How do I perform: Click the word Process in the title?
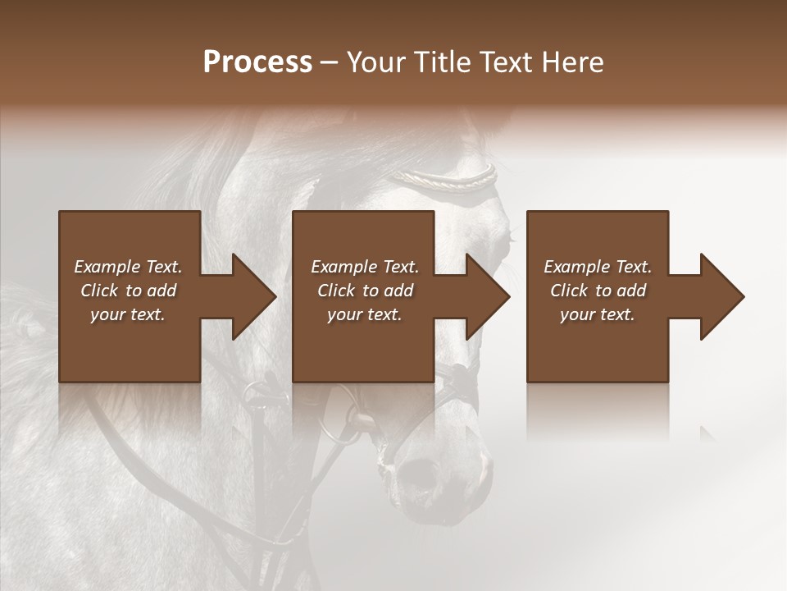pos(257,62)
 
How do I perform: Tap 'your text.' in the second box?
pos(364,314)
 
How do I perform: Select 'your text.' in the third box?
pos(597,314)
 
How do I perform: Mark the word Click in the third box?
pos(570,291)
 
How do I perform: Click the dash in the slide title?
pos(330,63)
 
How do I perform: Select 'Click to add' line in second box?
pos(365,291)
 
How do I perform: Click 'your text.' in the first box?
pos(128,314)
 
